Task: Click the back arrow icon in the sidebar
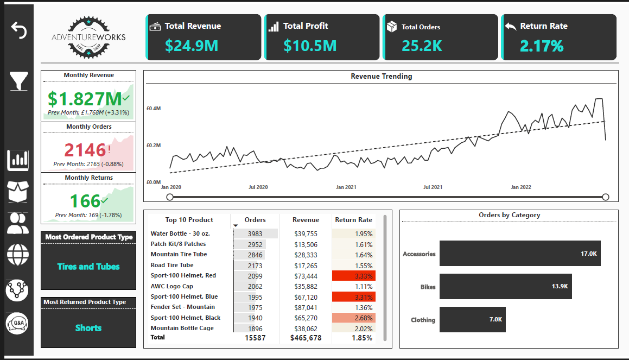pos(18,30)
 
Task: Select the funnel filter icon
pos(18,81)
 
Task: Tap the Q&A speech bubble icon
pos(17,324)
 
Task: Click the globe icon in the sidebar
pos(18,254)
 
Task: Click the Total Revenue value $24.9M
pos(192,46)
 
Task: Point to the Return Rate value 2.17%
pos(542,46)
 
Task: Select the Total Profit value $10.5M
pos(310,46)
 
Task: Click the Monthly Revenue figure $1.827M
pos(85,99)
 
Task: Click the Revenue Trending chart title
pos(381,77)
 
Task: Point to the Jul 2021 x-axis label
pos(433,187)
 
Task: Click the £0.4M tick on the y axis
pos(154,109)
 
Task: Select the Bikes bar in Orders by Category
pos(505,286)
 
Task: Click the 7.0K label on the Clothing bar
pos(495,320)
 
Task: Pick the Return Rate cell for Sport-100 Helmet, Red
pos(354,276)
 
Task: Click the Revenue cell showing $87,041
pos(306,307)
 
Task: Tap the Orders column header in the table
pos(255,220)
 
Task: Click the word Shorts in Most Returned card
pos(88,328)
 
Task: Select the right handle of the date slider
pos(606,197)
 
